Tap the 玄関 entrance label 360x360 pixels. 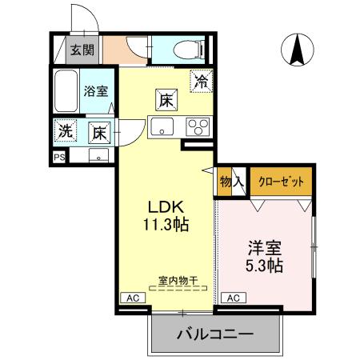click(82, 50)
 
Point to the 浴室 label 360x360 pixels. click(97, 91)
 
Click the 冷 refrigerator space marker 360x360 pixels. click(202, 81)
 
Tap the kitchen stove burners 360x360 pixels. click(198, 126)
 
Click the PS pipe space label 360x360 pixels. click(60, 157)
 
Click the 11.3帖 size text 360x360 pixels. click(166, 225)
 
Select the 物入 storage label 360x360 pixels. click(232, 182)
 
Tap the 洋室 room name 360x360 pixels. click(265, 246)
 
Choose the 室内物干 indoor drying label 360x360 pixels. click(178, 280)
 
